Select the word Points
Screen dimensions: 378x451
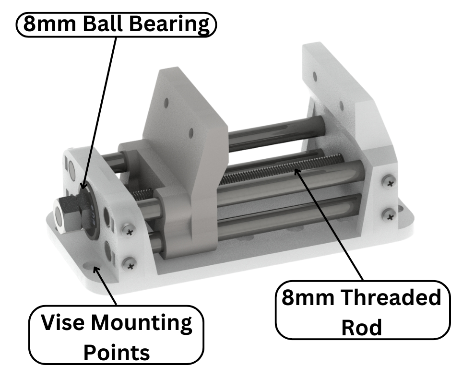point(117,353)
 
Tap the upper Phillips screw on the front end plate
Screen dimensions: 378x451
point(129,231)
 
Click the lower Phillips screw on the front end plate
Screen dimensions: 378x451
point(128,263)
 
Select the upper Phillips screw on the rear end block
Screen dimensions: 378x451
point(389,182)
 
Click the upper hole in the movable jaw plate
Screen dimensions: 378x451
point(166,102)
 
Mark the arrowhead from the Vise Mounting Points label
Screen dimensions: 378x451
point(96,270)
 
